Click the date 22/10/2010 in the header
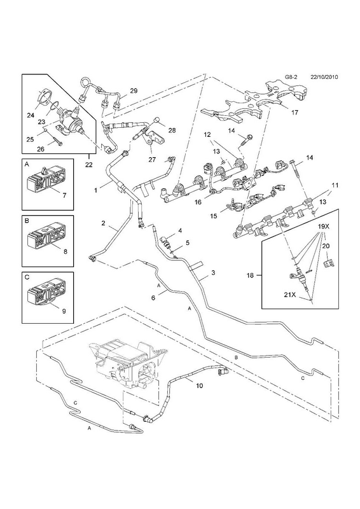click(x=324, y=77)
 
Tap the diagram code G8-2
click(x=291, y=77)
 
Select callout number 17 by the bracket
click(x=294, y=113)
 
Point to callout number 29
click(x=134, y=90)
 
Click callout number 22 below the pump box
click(x=88, y=165)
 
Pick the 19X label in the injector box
click(x=323, y=227)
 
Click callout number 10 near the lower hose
click(x=199, y=386)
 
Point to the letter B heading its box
click(x=27, y=220)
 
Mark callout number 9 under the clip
click(x=64, y=311)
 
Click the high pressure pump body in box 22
click(x=69, y=123)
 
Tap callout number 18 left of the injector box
click(x=250, y=275)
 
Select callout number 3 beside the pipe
click(x=213, y=273)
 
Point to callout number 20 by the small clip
click(x=326, y=246)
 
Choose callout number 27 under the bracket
click(x=152, y=160)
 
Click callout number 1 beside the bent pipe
click(x=96, y=190)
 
